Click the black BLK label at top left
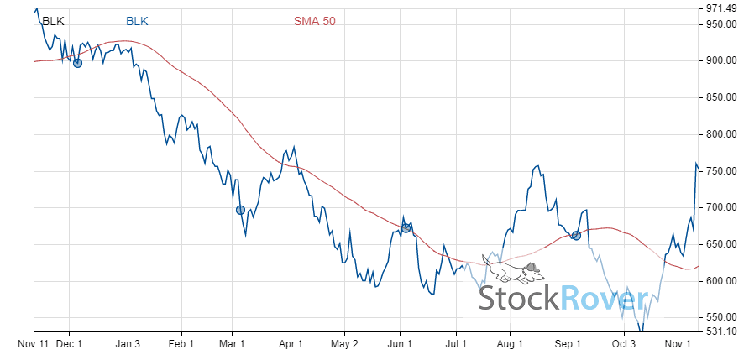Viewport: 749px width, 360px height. click(x=52, y=20)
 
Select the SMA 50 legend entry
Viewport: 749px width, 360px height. click(x=314, y=20)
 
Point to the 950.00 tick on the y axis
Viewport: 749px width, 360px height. click(x=721, y=24)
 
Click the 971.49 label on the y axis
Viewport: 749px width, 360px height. click(x=721, y=8)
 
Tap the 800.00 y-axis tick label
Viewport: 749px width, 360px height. click(x=721, y=134)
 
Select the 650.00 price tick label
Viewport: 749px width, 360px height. click(x=721, y=244)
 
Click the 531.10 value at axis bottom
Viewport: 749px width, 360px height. click(x=721, y=331)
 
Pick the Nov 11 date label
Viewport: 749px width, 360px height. click(x=34, y=344)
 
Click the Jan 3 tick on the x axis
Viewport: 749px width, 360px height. click(x=128, y=344)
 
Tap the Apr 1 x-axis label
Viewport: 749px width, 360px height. click(x=291, y=344)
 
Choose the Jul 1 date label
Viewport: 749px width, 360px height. click(x=456, y=344)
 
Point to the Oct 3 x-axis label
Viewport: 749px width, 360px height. click(x=624, y=344)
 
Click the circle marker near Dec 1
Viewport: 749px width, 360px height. click(x=78, y=62)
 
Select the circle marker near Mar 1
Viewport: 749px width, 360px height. click(x=240, y=210)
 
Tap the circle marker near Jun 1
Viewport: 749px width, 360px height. click(x=406, y=227)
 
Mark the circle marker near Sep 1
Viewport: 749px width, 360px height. click(x=576, y=235)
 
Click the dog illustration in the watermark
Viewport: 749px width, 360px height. click(x=513, y=269)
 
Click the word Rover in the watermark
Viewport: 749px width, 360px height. click(x=605, y=298)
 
